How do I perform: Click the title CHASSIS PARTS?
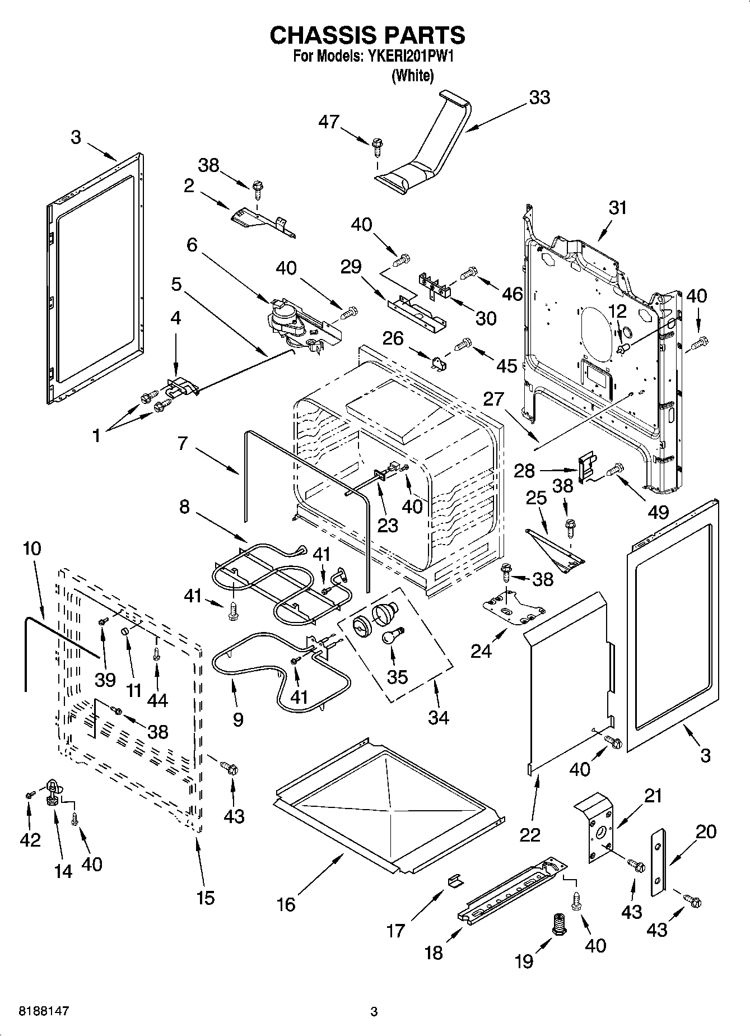[x=367, y=35]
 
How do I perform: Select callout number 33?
[x=539, y=97]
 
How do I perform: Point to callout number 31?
[x=617, y=208]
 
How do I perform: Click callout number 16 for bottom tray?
[x=286, y=904]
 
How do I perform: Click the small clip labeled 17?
[x=455, y=882]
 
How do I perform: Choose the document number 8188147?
[x=36, y=1011]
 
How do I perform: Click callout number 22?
[x=530, y=834]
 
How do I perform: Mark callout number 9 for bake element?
[x=237, y=719]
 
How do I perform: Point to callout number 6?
[x=192, y=245]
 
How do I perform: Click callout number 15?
[x=206, y=898]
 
